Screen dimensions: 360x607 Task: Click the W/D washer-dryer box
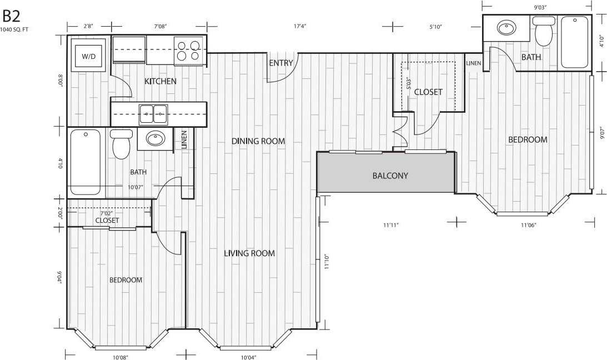[x=88, y=56]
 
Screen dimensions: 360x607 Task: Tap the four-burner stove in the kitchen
[x=188, y=51]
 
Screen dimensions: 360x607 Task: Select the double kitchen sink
[x=153, y=113]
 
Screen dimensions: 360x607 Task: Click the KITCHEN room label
[x=160, y=82]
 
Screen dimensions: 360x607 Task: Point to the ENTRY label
[x=280, y=63]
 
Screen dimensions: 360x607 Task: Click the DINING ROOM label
[x=258, y=141]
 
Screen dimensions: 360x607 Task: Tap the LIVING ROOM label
[x=249, y=253]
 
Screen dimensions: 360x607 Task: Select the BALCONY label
[x=390, y=176]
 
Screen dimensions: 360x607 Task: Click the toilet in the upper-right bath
[x=543, y=32]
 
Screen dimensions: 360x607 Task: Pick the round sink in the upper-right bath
[x=506, y=27]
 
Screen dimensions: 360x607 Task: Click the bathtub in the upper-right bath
[x=575, y=42]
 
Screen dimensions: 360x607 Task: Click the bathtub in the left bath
[x=86, y=162]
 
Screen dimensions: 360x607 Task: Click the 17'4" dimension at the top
[x=300, y=26]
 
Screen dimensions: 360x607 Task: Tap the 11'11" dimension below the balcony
[x=391, y=225]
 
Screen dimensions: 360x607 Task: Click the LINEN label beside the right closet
[x=473, y=63]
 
